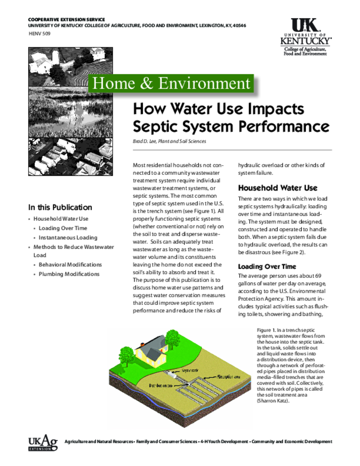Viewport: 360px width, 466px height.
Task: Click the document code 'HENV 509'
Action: tap(40, 34)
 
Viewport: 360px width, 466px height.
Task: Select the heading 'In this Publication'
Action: tap(60, 207)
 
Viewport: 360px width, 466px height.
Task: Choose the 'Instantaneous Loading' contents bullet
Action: tap(68, 238)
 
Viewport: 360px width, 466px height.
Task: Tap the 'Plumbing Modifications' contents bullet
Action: tap(69, 274)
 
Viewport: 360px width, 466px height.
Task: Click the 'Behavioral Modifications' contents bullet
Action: tap(70, 264)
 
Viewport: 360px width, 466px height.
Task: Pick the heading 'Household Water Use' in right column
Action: tap(278, 188)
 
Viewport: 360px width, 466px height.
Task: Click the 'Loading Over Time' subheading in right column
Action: tap(267, 267)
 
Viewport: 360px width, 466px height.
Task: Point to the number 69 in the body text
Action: tap(318, 276)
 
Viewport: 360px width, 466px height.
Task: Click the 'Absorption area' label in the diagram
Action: tap(228, 377)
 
